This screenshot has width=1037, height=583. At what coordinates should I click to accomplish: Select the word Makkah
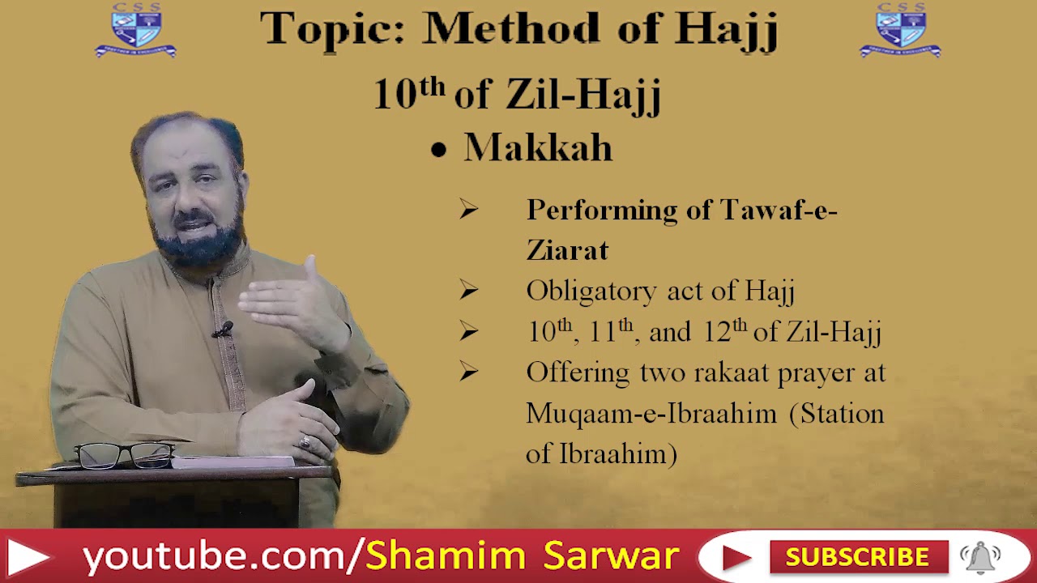click(538, 149)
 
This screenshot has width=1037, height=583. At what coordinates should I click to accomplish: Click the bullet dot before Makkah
click(438, 151)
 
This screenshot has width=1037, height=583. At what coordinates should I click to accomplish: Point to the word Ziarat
click(567, 250)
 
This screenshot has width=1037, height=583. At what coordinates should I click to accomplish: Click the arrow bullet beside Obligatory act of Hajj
click(468, 290)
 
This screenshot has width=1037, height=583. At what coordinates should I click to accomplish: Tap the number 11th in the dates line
click(612, 331)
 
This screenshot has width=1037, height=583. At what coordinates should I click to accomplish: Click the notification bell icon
click(979, 557)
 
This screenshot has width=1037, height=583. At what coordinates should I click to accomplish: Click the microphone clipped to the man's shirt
click(223, 330)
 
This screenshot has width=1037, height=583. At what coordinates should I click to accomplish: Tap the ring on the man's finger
click(305, 442)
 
